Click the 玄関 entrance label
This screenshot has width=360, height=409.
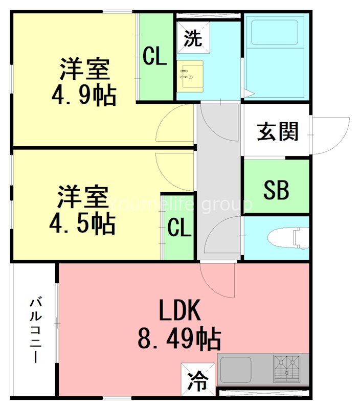pyautogui.click(x=277, y=132)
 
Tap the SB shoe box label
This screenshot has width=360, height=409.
pyautogui.click(x=276, y=190)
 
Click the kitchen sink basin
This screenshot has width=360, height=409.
pyautogui.click(x=236, y=369)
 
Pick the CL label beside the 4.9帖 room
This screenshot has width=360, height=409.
pyautogui.click(x=154, y=56)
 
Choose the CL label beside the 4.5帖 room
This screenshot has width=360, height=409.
pyautogui.click(x=179, y=228)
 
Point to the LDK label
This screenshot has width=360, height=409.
pyautogui.click(x=178, y=311)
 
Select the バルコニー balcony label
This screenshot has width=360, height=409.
pyautogui.click(x=35, y=329)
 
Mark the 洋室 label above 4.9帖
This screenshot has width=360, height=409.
pyautogui.click(x=85, y=70)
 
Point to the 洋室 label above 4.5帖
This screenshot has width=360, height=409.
pyautogui.click(x=82, y=197)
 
